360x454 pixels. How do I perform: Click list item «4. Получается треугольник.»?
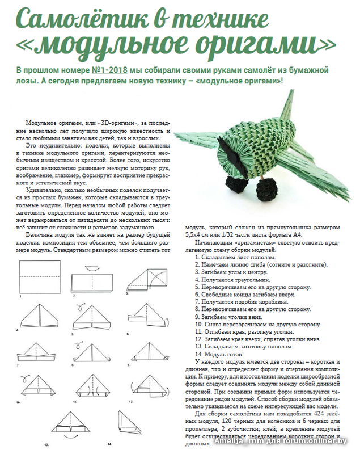tap(232, 280)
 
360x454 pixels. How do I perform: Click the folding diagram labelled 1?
tap(40, 276)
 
